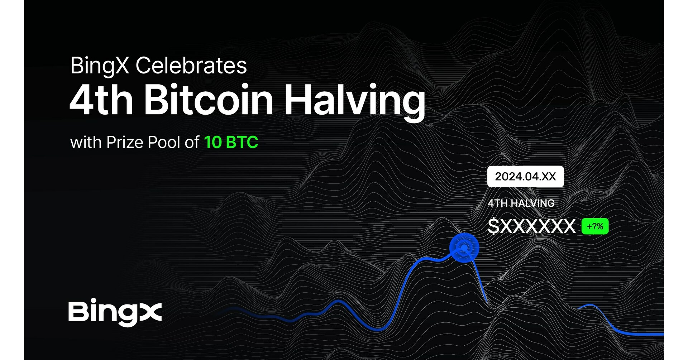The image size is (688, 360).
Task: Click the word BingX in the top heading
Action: click(x=99, y=66)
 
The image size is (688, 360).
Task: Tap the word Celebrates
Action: click(x=191, y=66)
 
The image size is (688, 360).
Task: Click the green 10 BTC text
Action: click(x=231, y=142)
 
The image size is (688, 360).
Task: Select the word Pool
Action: click(x=164, y=143)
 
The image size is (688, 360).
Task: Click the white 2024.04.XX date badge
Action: click(x=525, y=177)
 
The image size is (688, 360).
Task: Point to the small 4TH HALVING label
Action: click(x=521, y=203)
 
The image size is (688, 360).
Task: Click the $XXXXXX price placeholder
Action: click(x=532, y=226)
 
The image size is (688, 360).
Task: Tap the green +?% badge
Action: click(x=595, y=226)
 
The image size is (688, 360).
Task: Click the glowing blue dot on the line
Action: click(x=464, y=248)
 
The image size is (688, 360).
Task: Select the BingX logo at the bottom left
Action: click(x=115, y=312)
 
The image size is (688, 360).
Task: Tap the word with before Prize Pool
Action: click(x=86, y=143)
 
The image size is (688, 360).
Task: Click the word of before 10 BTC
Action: click(x=192, y=143)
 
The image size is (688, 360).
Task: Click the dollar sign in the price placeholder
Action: click(x=493, y=226)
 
